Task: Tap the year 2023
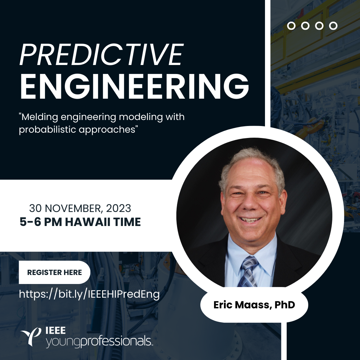[119, 209]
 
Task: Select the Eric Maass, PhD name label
[254, 305]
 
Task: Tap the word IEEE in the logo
[55, 331]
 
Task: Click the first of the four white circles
[291, 26]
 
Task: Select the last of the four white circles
[333, 26]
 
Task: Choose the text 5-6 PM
[41, 222]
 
